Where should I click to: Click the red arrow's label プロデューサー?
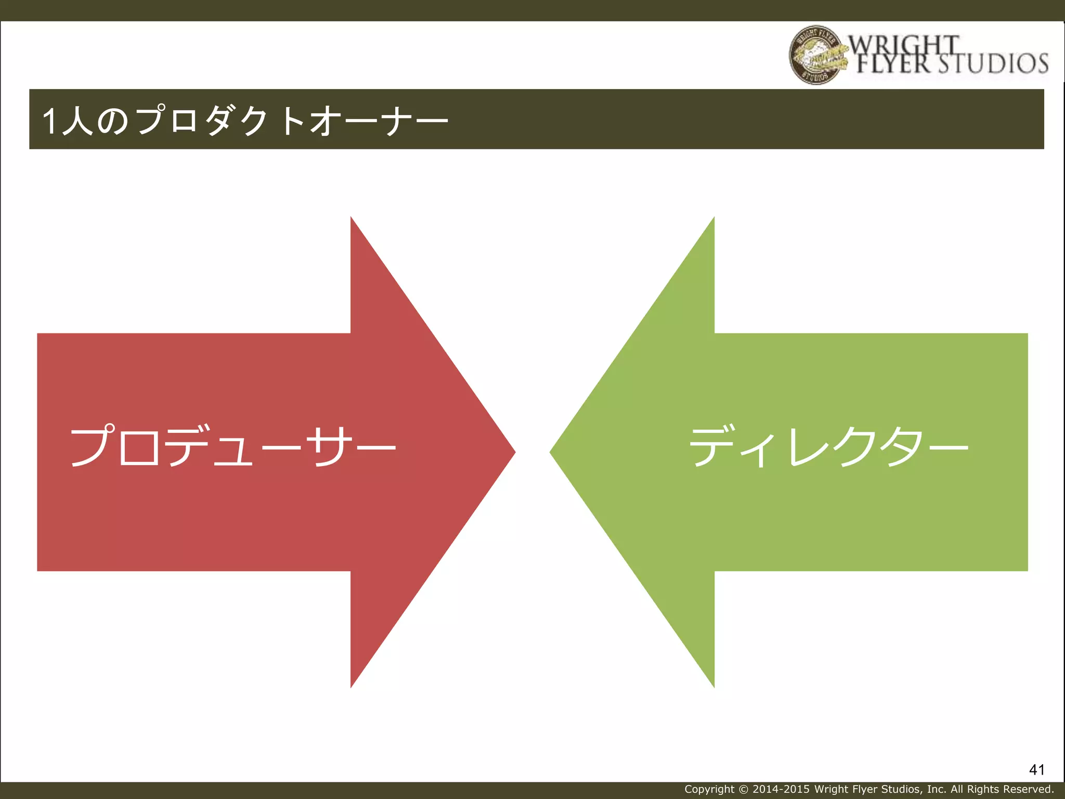point(233,446)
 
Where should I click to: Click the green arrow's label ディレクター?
point(829,446)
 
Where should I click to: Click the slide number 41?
point(1036,769)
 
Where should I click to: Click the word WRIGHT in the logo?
point(904,45)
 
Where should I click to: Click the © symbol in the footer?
point(743,789)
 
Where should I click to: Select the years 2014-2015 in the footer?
point(781,789)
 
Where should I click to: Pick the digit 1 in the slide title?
point(49,121)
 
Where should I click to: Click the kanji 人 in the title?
point(78,121)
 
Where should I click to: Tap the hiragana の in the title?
point(112,121)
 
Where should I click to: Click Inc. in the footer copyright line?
point(937,789)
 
